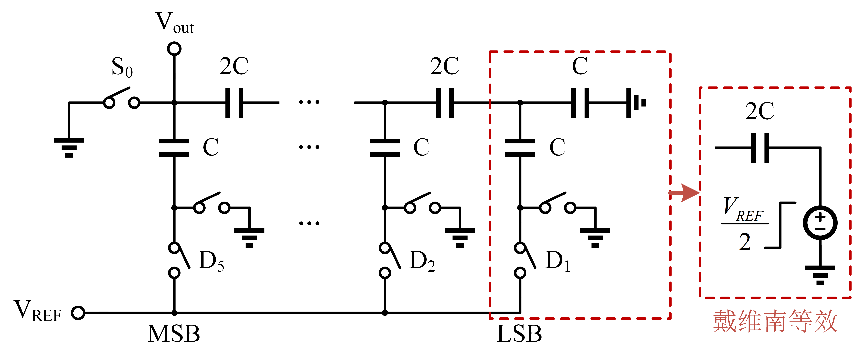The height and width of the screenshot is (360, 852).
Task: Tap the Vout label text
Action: (174, 23)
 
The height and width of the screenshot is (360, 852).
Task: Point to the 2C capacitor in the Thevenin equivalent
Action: (760, 148)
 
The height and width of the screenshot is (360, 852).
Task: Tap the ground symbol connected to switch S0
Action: (69, 147)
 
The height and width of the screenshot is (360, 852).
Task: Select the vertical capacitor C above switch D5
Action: (174, 148)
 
